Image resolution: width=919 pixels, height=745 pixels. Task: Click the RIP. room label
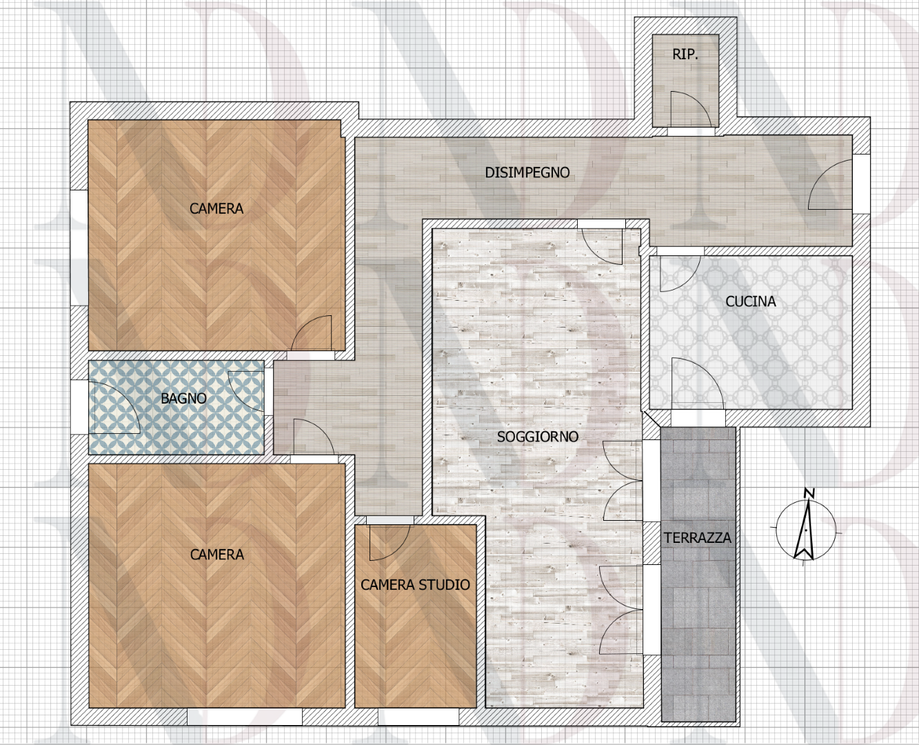685,54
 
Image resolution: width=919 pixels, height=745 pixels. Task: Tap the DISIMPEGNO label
527,172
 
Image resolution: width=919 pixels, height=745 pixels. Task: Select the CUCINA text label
750,301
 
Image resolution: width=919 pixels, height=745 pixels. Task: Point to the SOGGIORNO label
537,437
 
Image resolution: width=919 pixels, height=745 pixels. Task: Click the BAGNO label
183,399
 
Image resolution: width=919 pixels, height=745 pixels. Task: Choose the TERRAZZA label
697,538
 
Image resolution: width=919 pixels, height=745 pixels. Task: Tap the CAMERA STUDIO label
415,585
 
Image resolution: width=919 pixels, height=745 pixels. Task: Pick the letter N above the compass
809,493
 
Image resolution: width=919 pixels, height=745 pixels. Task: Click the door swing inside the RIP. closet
689,110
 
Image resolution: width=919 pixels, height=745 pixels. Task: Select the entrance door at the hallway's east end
831,185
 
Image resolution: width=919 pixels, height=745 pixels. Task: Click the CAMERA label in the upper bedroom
216,208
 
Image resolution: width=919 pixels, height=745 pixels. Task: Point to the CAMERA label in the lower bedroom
216,555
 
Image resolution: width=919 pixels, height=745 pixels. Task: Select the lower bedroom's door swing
313,438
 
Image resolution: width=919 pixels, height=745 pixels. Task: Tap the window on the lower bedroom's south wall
244,717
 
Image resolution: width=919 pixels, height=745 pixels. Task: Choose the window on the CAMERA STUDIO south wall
418,717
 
